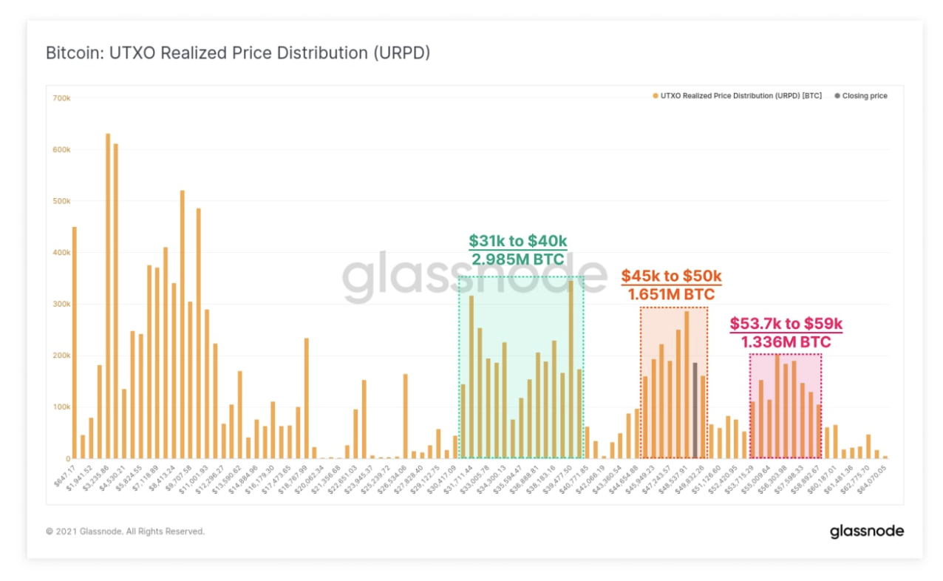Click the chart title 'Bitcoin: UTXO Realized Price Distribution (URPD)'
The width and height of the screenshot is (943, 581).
pyautogui.click(x=237, y=53)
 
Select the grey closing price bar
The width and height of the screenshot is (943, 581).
pyautogui.click(x=695, y=410)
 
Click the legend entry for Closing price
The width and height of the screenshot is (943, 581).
pyautogui.click(x=865, y=96)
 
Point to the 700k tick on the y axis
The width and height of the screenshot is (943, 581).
pyautogui.click(x=61, y=98)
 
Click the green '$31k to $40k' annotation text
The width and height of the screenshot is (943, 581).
pyautogui.click(x=517, y=241)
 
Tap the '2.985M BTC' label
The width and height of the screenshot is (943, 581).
pyautogui.click(x=517, y=259)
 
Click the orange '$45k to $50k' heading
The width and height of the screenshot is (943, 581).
pyautogui.click(x=671, y=276)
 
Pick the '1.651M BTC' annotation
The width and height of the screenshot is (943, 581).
pyautogui.click(x=671, y=294)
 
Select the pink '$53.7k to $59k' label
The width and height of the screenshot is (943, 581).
pyautogui.click(x=786, y=324)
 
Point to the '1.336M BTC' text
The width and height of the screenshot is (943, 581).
pyautogui.click(x=786, y=342)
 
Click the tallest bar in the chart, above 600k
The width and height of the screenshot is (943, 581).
pyautogui.click(x=108, y=296)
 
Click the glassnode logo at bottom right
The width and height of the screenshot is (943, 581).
pyautogui.click(x=866, y=531)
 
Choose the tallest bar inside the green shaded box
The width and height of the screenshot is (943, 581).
pyautogui.click(x=571, y=370)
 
